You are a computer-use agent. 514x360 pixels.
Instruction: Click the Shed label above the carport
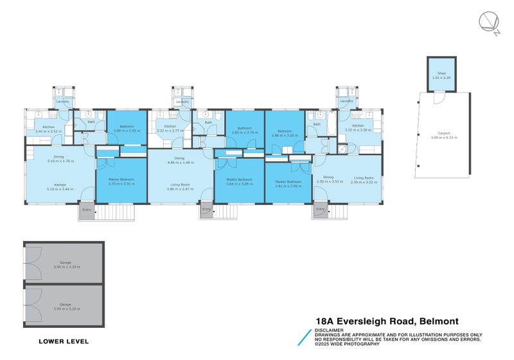pyautogui.click(x=442, y=74)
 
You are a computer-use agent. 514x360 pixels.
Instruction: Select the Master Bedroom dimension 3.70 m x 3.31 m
pyautogui.click(x=121, y=184)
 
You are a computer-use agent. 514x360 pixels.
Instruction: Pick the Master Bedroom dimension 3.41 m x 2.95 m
pyautogui.click(x=288, y=186)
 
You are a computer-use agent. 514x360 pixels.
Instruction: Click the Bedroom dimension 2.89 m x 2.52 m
pyautogui.click(x=127, y=130)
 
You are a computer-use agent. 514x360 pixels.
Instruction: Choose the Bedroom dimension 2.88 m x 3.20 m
pyautogui.click(x=285, y=136)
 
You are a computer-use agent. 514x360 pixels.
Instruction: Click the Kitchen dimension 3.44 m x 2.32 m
pyautogui.click(x=49, y=131)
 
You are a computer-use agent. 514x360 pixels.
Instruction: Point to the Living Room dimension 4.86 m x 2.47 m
pyautogui.click(x=180, y=189)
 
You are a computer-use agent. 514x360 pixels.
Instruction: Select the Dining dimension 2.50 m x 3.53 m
pyautogui.click(x=328, y=182)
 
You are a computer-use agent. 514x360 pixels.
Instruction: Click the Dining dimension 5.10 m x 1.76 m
pyautogui.click(x=58, y=161)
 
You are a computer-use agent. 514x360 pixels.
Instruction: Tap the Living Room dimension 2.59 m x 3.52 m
pyautogui.click(x=363, y=182)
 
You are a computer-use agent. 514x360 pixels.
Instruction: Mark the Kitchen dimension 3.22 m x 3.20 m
pyautogui.click(x=358, y=130)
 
